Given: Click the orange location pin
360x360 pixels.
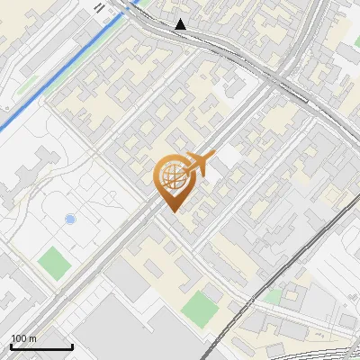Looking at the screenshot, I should click(172, 181).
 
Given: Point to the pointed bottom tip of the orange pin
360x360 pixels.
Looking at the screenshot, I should click(172, 211).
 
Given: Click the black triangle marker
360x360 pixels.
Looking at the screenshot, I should click(182, 24).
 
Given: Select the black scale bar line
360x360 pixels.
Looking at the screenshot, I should click(41, 346).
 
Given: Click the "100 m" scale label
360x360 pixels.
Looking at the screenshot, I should click(23, 338).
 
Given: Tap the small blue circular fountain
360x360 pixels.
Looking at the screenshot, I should click(70, 220).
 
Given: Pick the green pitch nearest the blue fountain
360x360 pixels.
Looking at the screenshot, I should click(54, 263).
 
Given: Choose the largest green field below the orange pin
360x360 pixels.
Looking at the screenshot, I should click(200, 309).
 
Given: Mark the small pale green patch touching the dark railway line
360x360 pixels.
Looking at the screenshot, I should click(272, 296).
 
